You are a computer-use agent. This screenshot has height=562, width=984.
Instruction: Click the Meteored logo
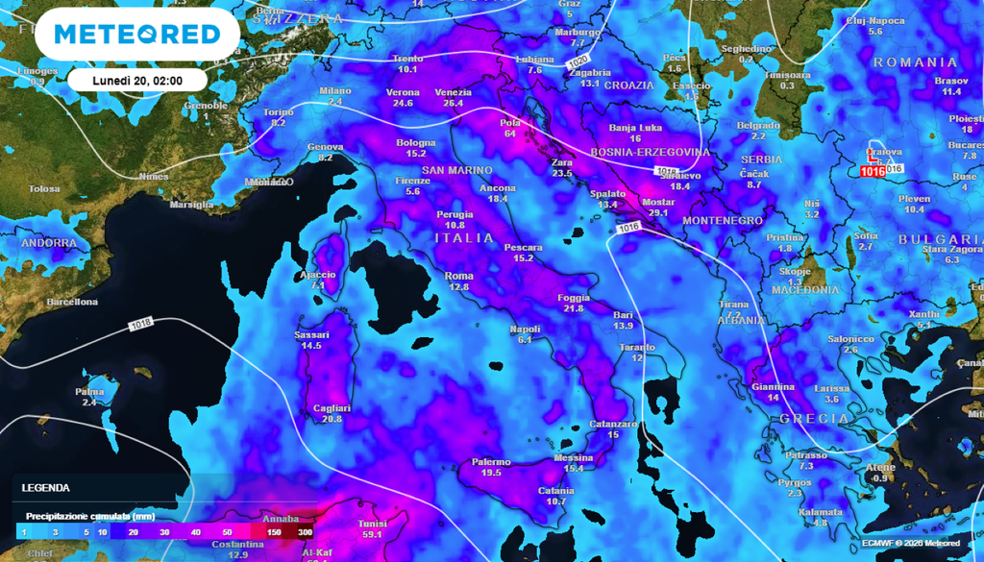pyautogui.click(x=136, y=34)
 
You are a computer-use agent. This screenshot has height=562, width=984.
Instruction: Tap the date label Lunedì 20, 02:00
pyautogui.click(x=137, y=79)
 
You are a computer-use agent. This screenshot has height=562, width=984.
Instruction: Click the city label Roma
pyautogui.click(x=458, y=277)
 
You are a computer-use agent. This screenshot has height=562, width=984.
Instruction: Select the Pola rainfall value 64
pyautogui.click(x=509, y=134)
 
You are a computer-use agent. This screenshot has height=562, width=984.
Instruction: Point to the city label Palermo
pyautogui.click(x=490, y=462)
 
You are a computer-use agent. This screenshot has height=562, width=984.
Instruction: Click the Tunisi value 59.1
pyautogui.click(x=371, y=534)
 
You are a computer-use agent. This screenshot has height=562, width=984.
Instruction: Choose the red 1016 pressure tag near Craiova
pyautogui.click(x=873, y=171)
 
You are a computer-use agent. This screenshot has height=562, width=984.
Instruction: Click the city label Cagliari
pyautogui.click(x=332, y=408)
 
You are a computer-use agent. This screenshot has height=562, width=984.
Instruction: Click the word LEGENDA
pyautogui.click(x=46, y=488)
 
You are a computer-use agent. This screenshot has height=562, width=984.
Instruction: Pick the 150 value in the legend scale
pyautogui.click(x=274, y=531)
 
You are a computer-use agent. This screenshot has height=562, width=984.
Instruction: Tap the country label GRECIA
pyautogui.click(x=814, y=419)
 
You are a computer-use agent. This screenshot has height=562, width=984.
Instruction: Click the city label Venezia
pyautogui.click(x=453, y=92)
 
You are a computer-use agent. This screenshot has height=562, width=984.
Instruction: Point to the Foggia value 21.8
pyautogui.click(x=574, y=308)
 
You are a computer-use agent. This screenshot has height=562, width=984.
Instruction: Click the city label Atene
pyautogui.click(x=880, y=468)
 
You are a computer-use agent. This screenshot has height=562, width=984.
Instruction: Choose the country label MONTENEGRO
pyautogui.click(x=722, y=221)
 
